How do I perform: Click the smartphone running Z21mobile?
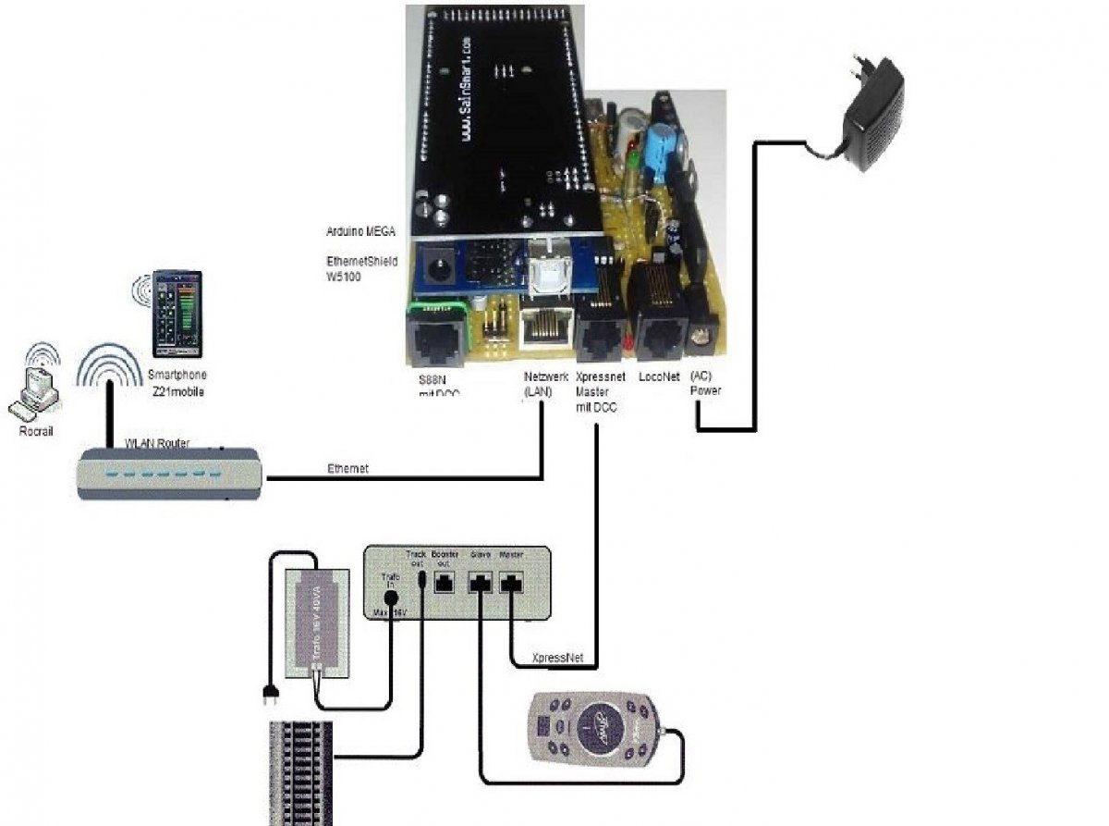[177, 314]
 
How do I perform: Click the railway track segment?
[299, 772]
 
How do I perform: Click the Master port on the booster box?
[512, 582]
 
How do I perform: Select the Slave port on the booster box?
[481, 582]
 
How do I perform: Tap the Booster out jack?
[445, 582]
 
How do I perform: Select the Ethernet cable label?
[347, 469]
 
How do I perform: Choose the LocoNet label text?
[659, 377]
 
